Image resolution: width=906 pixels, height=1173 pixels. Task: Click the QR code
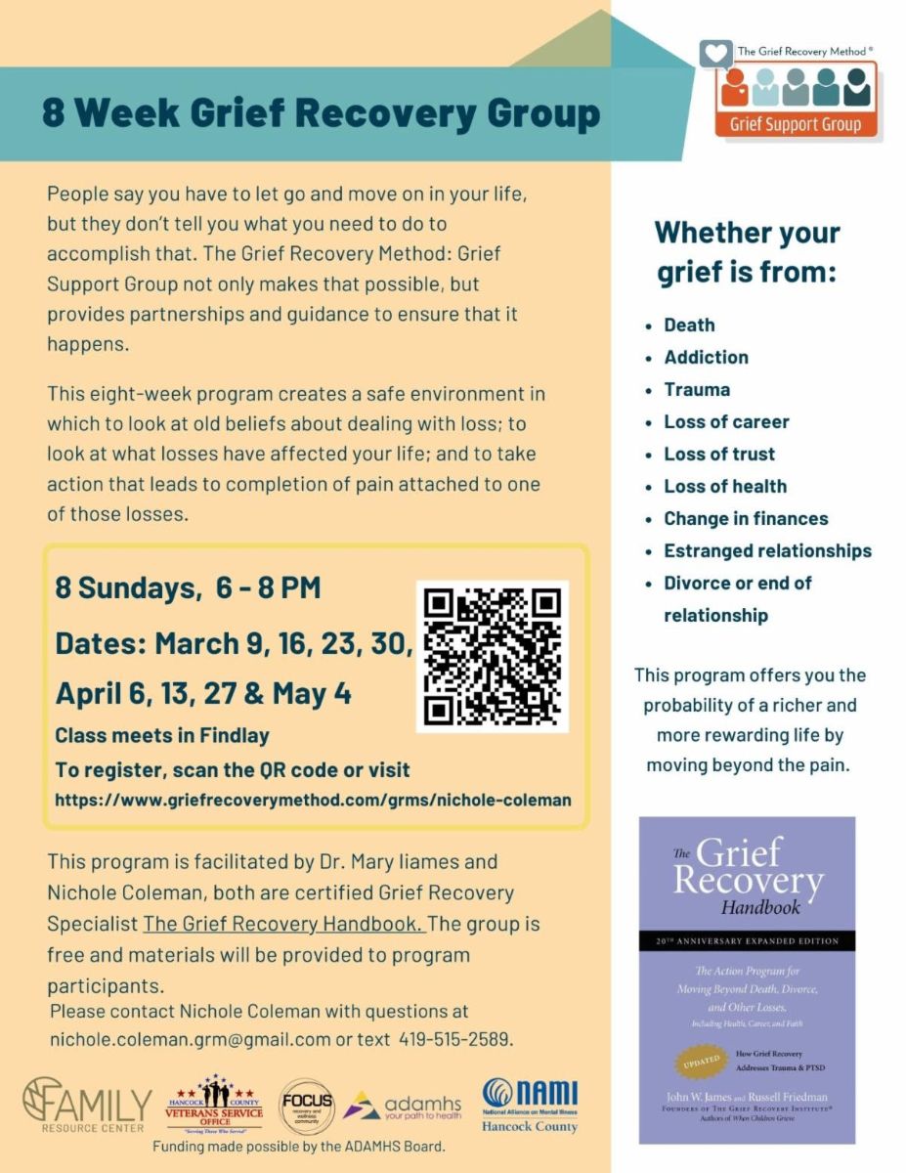point(492,656)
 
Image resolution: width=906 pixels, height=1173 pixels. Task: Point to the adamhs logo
point(403,1106)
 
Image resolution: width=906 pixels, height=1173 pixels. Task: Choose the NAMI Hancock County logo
point(530,1106)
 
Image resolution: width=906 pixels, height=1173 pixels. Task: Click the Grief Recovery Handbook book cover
point(747,979)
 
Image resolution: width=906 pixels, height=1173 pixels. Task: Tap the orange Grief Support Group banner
point(796,124)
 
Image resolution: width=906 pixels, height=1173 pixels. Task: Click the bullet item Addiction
point(706,357)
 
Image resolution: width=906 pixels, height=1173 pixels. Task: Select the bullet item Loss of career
point(726,421)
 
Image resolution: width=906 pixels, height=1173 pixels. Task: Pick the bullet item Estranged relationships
point(767,550)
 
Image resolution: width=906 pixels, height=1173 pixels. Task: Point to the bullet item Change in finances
point(746,518)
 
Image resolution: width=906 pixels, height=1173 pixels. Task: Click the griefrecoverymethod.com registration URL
point(313,800)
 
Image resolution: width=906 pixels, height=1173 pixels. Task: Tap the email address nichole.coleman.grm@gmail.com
point(190,1039)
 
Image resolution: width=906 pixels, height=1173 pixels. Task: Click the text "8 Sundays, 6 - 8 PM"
point(188,588)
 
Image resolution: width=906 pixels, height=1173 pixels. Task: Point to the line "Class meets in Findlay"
point(162,735)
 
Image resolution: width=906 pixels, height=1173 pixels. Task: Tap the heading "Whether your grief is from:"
point(747,251)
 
